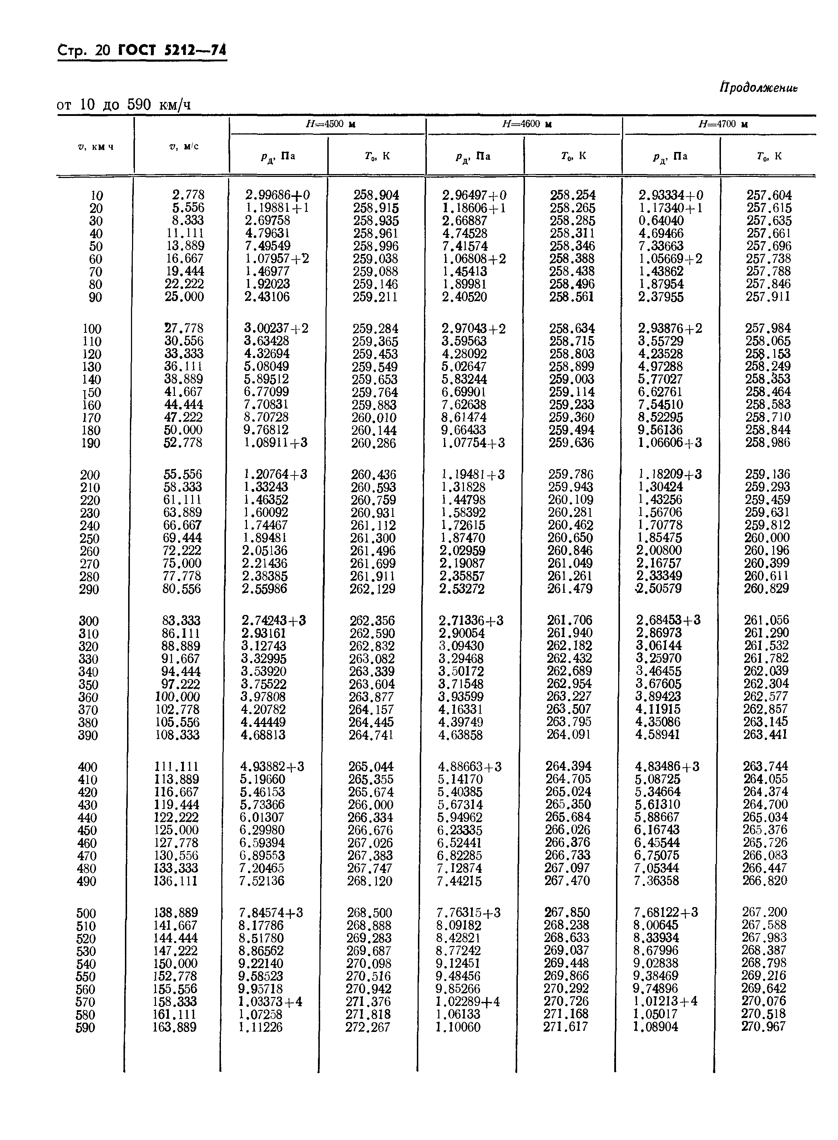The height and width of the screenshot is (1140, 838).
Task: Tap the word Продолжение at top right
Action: point(758,88)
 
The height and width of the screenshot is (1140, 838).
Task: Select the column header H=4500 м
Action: point(327,124)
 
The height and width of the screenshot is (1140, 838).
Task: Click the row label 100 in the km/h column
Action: point(92,329)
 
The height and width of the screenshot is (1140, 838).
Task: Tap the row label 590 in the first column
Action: point(86,1028)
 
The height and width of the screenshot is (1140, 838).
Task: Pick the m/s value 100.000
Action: point(177,697)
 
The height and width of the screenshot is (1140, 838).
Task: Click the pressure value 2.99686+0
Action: point(277,195)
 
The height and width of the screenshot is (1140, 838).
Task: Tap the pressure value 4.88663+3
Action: point(470,767)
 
